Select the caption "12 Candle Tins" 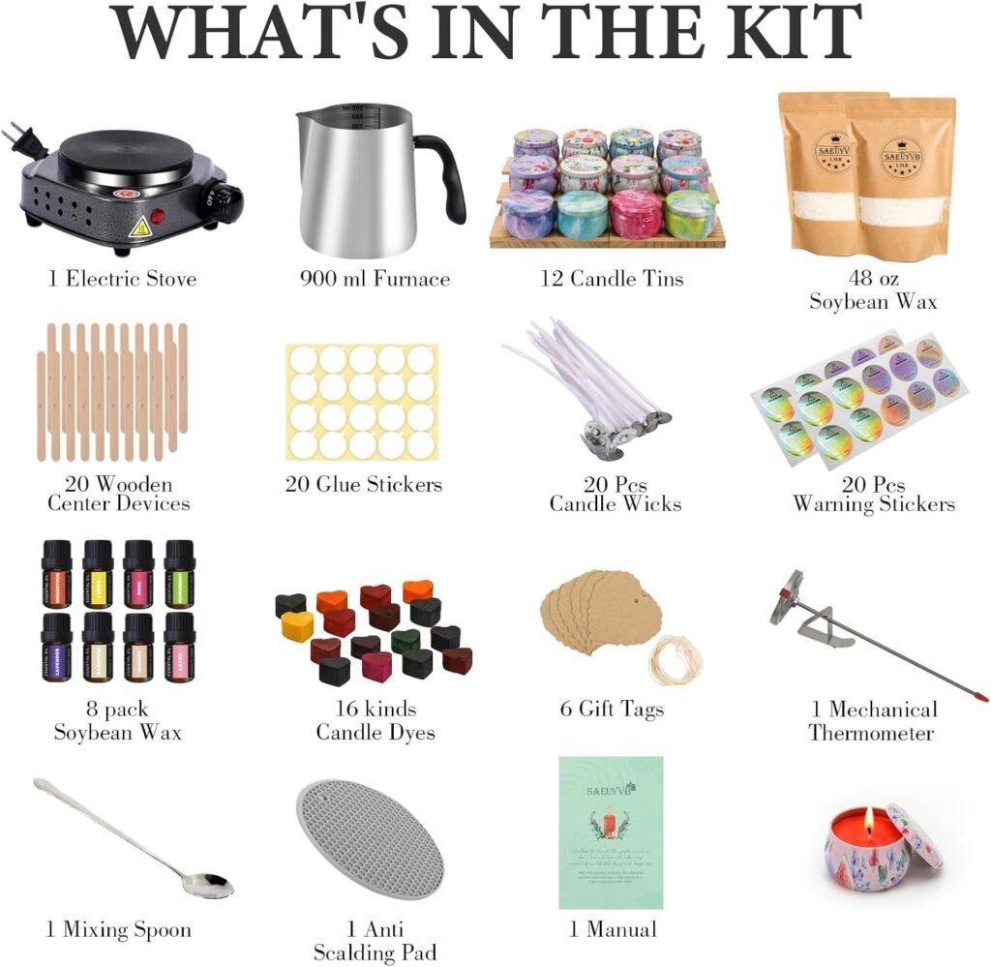point(612,279)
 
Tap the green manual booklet point(610,832)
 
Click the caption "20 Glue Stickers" point(363,483)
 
